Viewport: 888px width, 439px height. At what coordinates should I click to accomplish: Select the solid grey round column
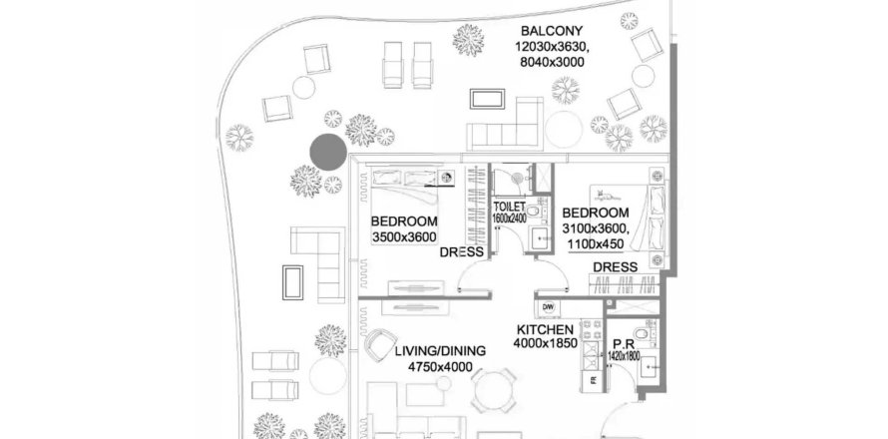(x=328, y=152)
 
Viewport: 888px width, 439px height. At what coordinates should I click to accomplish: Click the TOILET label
(x=509, y=207)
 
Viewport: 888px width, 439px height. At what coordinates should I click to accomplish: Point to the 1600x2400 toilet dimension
(x=509, y=217)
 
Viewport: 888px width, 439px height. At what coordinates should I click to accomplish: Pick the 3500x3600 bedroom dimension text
(x=404, y=237)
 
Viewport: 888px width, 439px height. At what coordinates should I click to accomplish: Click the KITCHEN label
(x=545, y=329)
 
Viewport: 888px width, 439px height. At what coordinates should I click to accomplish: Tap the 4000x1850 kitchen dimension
(x=546, y=343)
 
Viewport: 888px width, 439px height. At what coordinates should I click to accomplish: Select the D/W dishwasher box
(x=548, y=307)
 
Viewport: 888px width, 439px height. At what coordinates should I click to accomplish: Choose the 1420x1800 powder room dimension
(x=624, y=356)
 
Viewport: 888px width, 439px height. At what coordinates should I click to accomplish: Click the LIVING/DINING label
(x=440, y=351)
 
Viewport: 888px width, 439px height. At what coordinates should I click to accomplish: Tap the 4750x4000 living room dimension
(x=440, y=367)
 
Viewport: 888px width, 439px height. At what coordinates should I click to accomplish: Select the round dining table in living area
(x=495, y=391)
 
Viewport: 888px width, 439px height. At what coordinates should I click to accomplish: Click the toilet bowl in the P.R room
(x=643, y=333)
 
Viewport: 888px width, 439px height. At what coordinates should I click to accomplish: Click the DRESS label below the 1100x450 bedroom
(x=615, y=266)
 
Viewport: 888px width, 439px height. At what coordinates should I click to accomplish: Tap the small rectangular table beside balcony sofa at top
(x=487, y=99)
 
